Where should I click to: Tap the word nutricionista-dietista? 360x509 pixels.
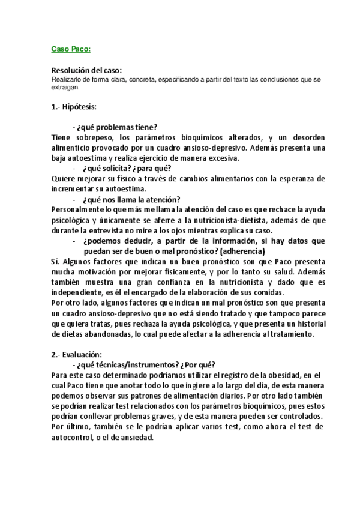coord(236,221)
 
